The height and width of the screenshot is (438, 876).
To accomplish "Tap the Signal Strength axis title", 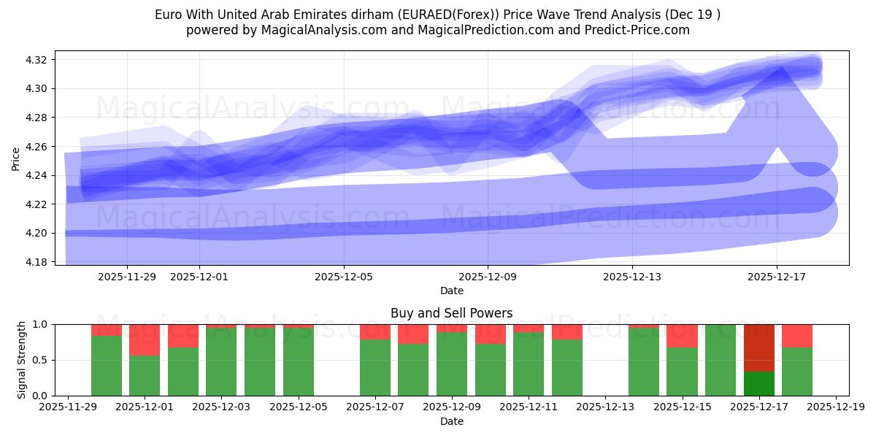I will tap(22, 359).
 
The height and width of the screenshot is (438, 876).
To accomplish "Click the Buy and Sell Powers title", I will tap(451, 313).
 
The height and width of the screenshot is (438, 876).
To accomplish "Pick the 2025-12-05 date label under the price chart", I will tap(344, 277).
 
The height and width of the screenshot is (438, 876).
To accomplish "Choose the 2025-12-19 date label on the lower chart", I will tap(835, 407).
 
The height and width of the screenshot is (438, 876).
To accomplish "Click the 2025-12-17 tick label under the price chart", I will tap(777, 277).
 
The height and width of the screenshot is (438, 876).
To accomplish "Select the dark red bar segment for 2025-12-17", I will tap(759, 347).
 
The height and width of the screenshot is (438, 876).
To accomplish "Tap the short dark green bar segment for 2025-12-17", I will tap(759, 383).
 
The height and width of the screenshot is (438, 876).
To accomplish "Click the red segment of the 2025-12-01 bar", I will tap(145, 339).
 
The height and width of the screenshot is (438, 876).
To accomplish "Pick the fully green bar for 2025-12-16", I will tap(721, 360).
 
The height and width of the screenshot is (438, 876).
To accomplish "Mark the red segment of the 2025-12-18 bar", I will tap(797, 336).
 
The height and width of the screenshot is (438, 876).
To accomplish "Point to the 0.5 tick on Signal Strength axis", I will tap(42, 360).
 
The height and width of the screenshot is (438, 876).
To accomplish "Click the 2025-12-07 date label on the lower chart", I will tap(374, 407).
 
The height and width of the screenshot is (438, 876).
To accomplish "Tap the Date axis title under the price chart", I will tap(451, 291).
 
